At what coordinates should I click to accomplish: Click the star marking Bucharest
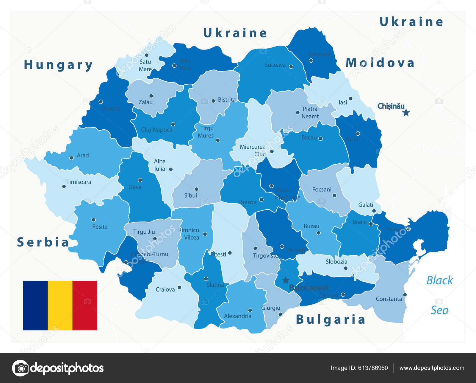[x=286, y=280]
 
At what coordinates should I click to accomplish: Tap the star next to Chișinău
[x=406, y=113]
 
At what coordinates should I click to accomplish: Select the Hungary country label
[x=58, y=65]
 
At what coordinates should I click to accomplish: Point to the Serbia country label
[x=43, y=242]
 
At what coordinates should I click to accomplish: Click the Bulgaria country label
[x=331, y=320]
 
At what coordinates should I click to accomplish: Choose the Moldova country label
[x=380, y=63]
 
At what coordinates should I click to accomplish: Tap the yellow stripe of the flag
[x=60, y=305]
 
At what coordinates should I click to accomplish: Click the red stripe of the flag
[x=85, y=305]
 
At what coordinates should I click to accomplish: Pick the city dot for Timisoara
[x=64, y=187]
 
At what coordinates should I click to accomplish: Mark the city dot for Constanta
[x=405, y=294]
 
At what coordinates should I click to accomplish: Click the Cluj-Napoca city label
[x=156, y=130]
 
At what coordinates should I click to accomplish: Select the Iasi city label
[x=343, y=103]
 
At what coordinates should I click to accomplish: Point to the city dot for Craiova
[x=179, y=288]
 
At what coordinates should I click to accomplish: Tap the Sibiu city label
[x=190, y=196]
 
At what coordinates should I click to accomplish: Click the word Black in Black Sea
[x=439, y=280]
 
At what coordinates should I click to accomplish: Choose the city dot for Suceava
[x=291, y=67]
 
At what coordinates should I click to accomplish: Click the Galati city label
[x=366, y=205]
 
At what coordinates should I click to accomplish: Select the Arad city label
[x=83, y=155]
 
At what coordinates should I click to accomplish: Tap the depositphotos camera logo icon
[x=20, y=368]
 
